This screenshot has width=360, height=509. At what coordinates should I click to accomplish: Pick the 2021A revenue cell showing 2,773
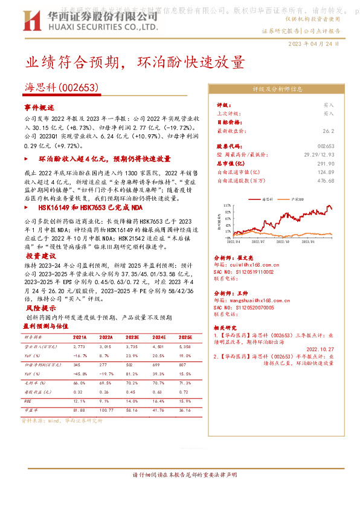click(x=79, y=348)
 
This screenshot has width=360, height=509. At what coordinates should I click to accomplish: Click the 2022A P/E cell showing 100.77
click(x=106, y=411)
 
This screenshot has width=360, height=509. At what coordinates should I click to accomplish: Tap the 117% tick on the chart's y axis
click(x=227, y=206)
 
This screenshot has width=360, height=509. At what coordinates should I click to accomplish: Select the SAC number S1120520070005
click(x=248, y=307)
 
